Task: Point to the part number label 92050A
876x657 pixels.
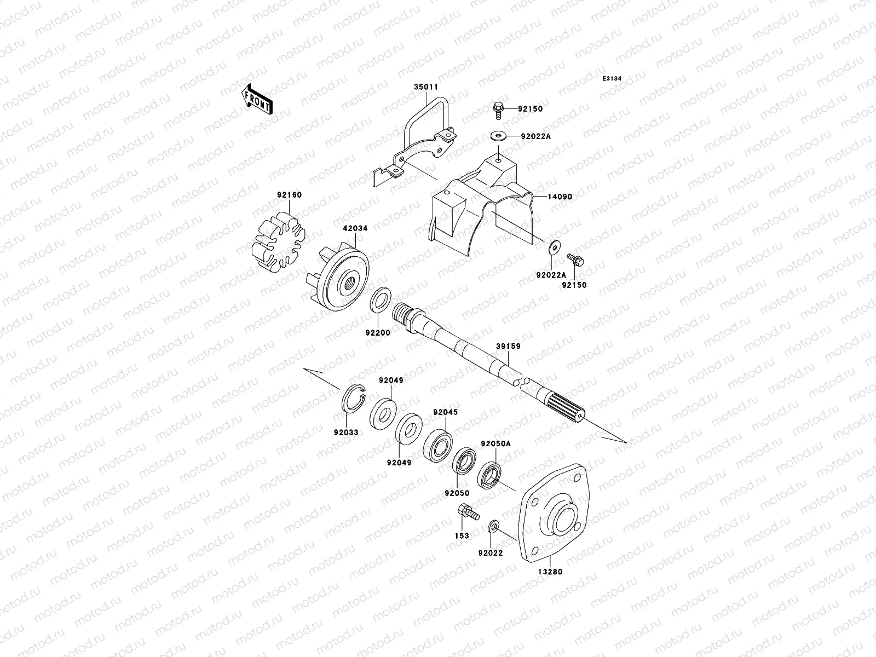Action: pos(495,444)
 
